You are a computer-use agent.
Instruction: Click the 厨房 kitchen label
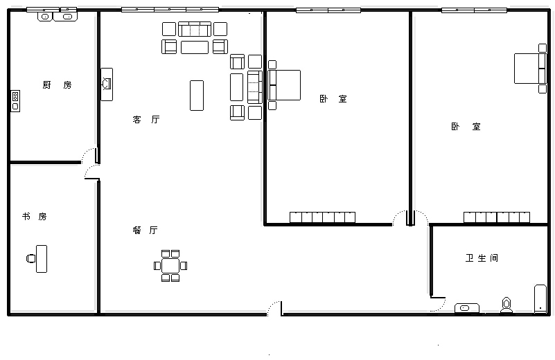click(x=57, y=85)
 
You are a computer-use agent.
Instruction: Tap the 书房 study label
click(x=35, y=216)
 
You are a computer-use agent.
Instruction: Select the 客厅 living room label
click(x=146, y=120)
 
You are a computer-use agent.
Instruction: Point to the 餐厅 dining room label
click(x=145, y=231)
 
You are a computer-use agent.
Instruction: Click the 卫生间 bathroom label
click(x=482, y=258)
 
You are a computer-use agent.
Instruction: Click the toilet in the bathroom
click(x=506, y=305)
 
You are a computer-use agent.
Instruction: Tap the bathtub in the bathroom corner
click(x=540, y=299)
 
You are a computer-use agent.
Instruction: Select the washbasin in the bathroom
click(x=466, y=308)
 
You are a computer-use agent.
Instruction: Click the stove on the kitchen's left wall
click(x=15, y=101)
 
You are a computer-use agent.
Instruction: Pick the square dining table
click(x=170, y=266)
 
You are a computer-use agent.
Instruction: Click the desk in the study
click(x=42, y=259)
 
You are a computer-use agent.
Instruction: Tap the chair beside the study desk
click(x=30, y=258)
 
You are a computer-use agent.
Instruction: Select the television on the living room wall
click(x=107, y=84)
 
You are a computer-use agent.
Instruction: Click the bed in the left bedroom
click(x=284, y=85)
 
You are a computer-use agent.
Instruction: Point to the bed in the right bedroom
click(x=530, y=69)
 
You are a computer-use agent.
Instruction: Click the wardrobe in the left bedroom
click(x=322, y=217)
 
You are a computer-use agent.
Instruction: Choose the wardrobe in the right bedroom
click(x=497, y=217)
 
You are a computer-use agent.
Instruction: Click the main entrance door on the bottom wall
click(x=274, y=308)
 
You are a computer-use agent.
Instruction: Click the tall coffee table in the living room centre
click(x=197, y=96)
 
